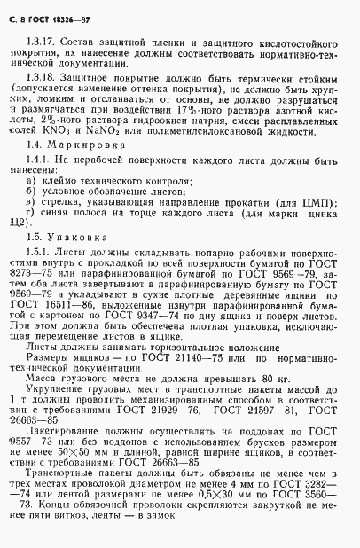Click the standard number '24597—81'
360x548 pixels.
click(x=274, y=434)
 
